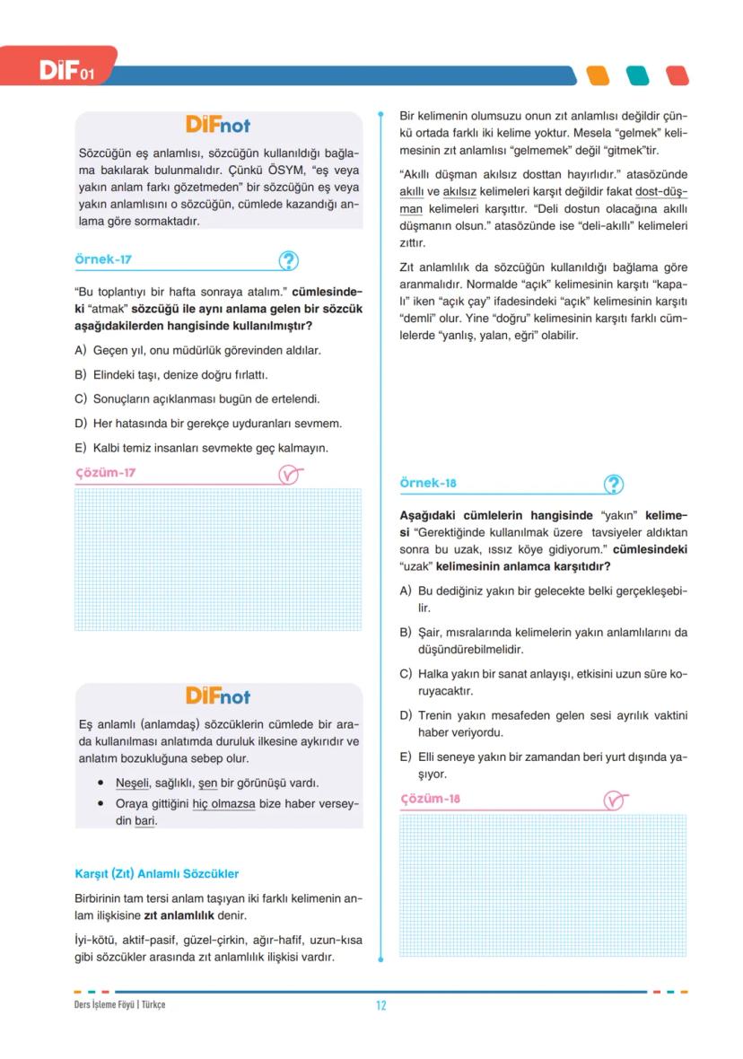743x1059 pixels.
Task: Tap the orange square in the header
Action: pyautogui.click(x=598, y=75)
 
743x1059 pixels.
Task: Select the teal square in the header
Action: pyautogui.click(x=637, y=75)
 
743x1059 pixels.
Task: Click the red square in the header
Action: pyautogui.click(x=677, y=75)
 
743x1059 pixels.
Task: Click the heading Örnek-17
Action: pyautogui.click(x=103, y=260)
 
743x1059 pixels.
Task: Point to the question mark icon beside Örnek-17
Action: pyautogui.click(x=288, y=261)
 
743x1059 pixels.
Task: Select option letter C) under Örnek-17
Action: pyautogui.click(x=81, y=398)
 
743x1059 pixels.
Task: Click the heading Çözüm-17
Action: pyautogui.click(x=105, y=473)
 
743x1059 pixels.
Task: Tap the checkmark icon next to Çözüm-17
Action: pyautogui.click(x=289, y=475)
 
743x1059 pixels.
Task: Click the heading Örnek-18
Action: pyautogui.click(x=428, y=483)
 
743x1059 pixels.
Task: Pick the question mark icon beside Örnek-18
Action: pyautogui.click(x=614, y=484)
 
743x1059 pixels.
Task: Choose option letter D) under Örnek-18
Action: pyautogui.click(x=406, y=715)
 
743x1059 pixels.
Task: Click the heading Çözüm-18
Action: pyautogui.click(x=430, y=799)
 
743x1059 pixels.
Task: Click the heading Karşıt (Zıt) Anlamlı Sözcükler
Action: pyautogui.click(x=156, y=873)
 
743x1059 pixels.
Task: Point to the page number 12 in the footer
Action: pyautogui.click(x=381, y=1005)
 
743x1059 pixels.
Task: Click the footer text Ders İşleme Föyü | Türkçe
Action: pyautogui.click(x=119, y=1004)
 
